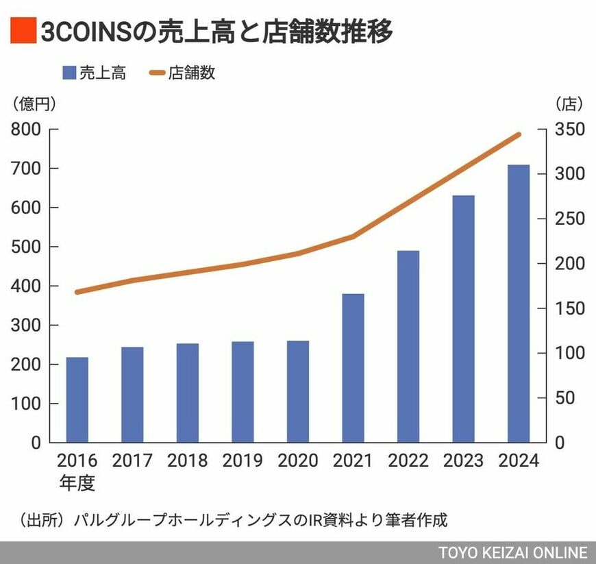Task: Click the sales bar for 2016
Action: click(77, 400)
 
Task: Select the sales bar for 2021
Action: click(353, 368)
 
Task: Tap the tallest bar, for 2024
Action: click(519, 304)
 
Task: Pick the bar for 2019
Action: click(243, 392)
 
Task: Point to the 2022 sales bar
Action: click(408, 346)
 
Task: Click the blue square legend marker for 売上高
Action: click(68, 73)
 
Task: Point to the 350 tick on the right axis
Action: click(570, 130)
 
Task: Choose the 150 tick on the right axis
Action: click(570, 308)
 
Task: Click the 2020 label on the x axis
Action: click(298, 461)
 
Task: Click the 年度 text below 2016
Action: click(77, 482)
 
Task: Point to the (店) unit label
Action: click(569, 104)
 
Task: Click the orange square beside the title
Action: click(22, 31)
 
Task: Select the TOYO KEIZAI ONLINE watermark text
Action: click(514, 553)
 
